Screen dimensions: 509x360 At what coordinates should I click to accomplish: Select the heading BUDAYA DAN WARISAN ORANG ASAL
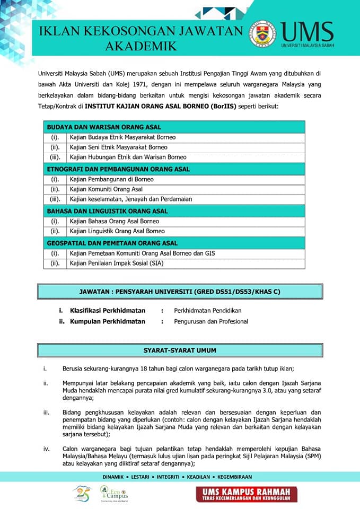(x=104, y=127)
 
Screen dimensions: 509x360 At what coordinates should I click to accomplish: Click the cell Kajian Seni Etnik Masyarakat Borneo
(x=118, y=147)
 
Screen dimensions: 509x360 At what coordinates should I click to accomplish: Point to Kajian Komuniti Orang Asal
(x=106, y=189)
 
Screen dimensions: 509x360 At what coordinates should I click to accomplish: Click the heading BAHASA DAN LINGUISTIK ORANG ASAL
(x=107, y=211)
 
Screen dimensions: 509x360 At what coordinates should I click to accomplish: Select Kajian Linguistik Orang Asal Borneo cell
(x=117, y=231)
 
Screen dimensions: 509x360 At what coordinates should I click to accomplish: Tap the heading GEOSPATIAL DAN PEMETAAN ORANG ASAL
(x=112, y=243)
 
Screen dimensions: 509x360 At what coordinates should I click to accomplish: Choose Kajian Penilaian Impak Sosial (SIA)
(x=117, y=263)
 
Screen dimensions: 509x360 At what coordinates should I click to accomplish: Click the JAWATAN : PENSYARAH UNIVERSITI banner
(x=179, y=292)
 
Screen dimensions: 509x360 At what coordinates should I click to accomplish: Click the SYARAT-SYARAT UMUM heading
(x=180, y=350)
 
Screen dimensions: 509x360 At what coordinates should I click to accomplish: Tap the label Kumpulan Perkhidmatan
(x=107, y=321)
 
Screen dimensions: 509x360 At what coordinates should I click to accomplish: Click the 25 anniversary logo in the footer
(x=82, y=494)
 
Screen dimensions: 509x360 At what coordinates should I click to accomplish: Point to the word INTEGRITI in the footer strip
(x=162, y=477)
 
